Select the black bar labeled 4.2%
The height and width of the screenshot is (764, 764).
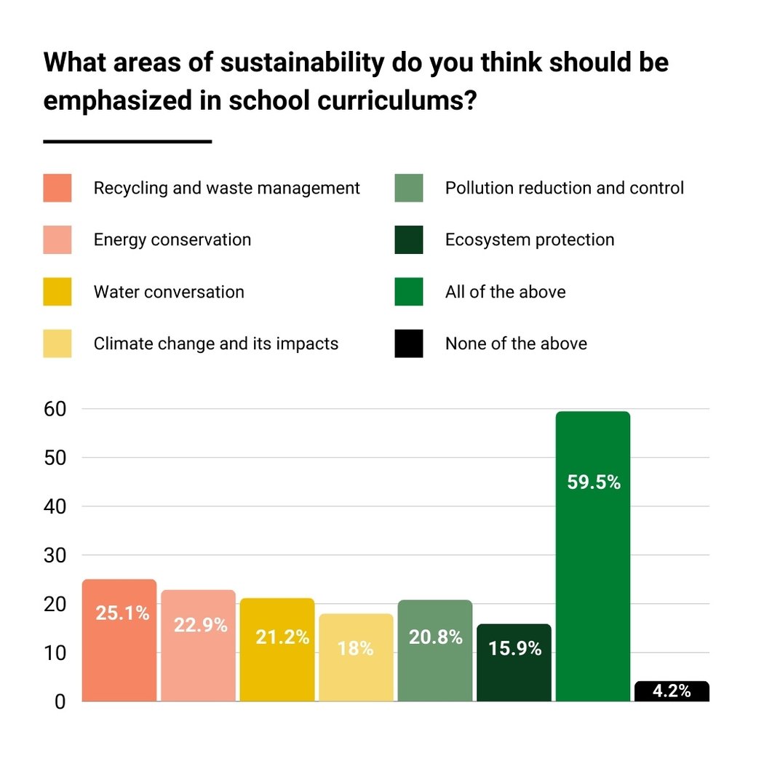(x=672, y=691)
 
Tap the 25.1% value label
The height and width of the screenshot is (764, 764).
(x=122, y=613)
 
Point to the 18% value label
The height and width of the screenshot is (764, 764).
(x=356, y=648)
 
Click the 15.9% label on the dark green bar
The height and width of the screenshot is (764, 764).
(x=514, y=648)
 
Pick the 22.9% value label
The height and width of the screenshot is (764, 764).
(x=200, y=625)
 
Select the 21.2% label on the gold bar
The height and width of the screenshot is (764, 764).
(x=282, y=637)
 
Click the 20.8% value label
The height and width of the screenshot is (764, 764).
(x=435, y=637)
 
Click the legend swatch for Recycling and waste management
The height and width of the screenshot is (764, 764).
(x=57, y=188)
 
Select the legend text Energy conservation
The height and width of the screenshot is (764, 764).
(x=172, y=240)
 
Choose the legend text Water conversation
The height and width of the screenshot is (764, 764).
(x=169, y=293)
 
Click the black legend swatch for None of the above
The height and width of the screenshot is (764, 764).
(x=409, y=343)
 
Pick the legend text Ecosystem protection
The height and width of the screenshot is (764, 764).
(x=530, y=240)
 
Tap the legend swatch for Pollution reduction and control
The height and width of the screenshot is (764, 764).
(x=409, y=188)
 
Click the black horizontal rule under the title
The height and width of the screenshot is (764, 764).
(x=127, y=141)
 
